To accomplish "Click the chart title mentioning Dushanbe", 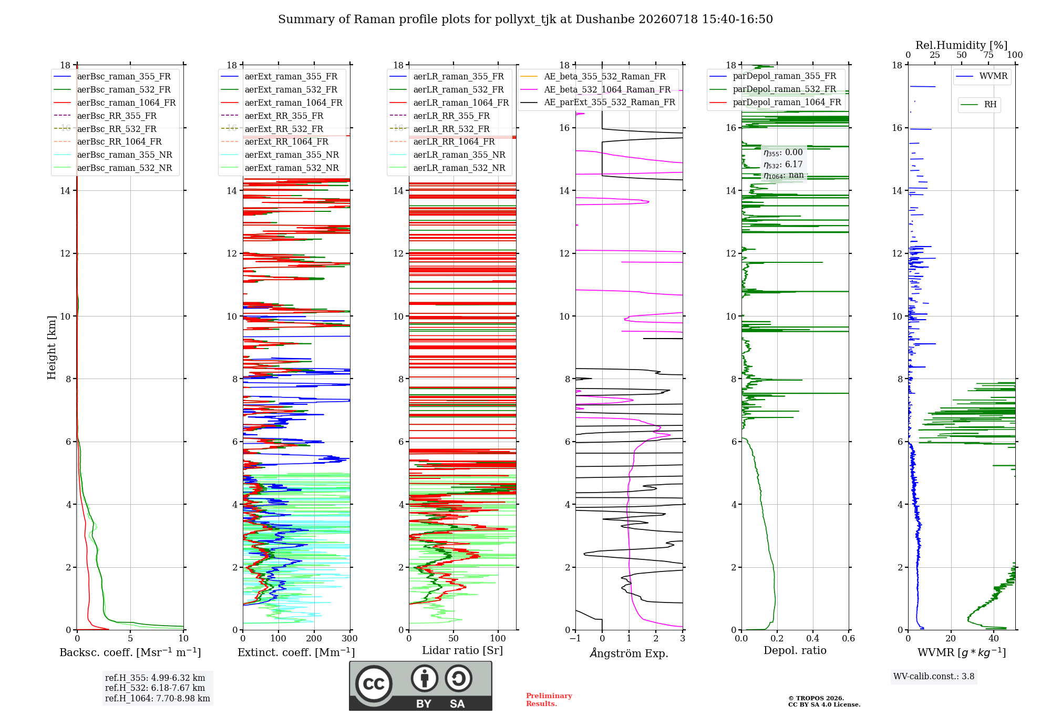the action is (x=525, y=19).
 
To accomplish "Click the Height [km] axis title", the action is (x=51, y=348).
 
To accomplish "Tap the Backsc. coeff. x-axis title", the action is (x=130, y=652).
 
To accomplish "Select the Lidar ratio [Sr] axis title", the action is (x=462, y=651).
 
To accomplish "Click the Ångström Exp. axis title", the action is (x=629, y=653).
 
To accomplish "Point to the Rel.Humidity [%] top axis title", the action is (x=962, y=45).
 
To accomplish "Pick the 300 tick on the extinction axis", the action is (x=350, y=639).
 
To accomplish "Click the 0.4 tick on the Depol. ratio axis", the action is (x=813, y=639).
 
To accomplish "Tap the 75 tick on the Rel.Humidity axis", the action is (x=988, y=55).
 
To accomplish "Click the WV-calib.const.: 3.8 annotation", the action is (x=934, y=677).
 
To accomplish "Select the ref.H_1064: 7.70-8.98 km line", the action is (x=158, y=699).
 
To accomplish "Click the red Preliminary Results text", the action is (x=549, y=700).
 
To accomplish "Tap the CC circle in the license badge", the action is (x=374, y=684).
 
